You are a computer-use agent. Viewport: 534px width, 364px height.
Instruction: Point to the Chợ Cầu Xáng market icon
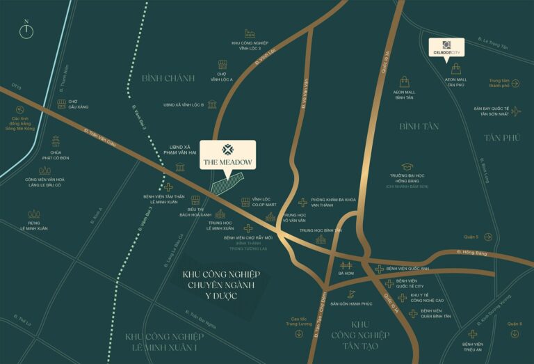coord(63,103)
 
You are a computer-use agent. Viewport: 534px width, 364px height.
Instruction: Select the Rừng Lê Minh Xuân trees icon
coord(33,215)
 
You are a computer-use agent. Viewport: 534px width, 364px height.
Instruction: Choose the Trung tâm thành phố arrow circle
coord(515,84)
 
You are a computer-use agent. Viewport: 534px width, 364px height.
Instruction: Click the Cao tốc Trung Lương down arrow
coord(299,333)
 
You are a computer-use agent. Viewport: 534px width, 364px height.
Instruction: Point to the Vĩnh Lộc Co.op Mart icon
coord(245,202)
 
